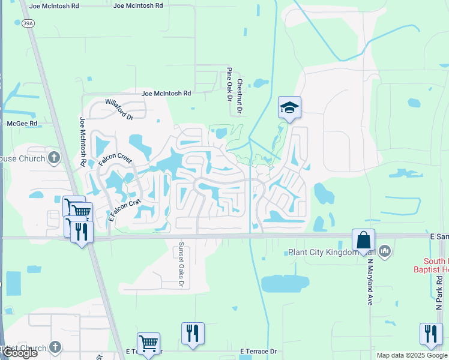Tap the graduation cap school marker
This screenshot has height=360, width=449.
tap(289, 107)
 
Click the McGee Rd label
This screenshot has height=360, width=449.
tap(22, 124)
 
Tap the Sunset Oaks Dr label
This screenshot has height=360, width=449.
tap(180, 265)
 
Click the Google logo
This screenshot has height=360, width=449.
tap(19, 353)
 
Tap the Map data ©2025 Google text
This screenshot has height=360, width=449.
tap(411, 355)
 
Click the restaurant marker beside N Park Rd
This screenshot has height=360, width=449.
tap(430, 333)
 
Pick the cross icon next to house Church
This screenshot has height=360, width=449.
tap(54, 158)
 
